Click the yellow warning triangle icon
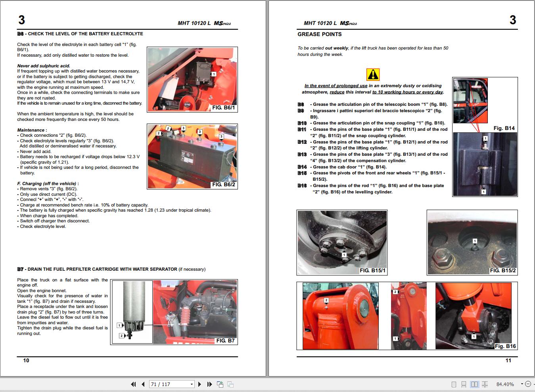pos(373,75)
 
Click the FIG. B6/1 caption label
pos(223,108)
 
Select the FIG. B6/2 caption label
pos(223,185)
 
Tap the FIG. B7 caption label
pos(225,341)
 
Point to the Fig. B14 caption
pos(504,128)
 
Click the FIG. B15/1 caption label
pos(372,271)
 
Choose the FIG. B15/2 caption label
pos(502,271)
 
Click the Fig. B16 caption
pos(505,346)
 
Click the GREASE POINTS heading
pos(319,34)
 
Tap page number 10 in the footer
pos(26,360)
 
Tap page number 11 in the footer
pos(508,360)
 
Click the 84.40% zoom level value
pos(505,384)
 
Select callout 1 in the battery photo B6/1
pos(213,74)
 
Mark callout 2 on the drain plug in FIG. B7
pos(121,336)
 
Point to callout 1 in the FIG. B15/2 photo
pos(475,241)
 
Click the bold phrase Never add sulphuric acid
pos(44,66)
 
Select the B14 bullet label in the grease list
pos(302,167)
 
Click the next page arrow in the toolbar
pos(199,384)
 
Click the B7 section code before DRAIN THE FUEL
pos(21,269)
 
